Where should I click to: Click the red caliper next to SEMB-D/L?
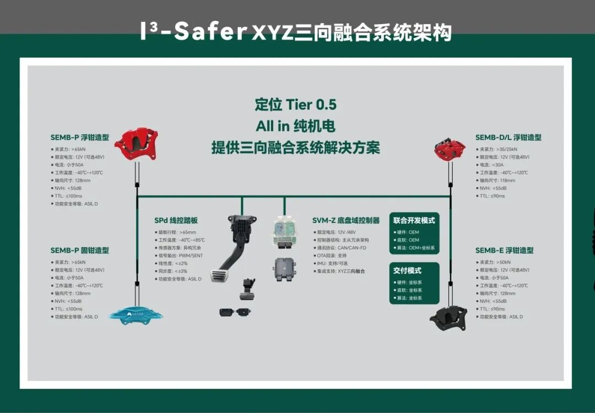click(x=450, y=148)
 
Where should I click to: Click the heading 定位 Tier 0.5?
click(x=295, y=105)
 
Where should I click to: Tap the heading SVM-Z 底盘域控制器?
click(x=346, y=220)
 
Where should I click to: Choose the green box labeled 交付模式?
click(x=414, y=283)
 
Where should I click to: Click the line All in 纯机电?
click(x=295, y=126)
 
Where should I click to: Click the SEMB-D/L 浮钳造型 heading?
click(x=508, y=137)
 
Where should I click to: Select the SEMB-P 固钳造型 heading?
click(x=80, y=251)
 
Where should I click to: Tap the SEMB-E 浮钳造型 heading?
click(x=504, y=251)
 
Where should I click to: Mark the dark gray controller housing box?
click(x=285, y=269)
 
